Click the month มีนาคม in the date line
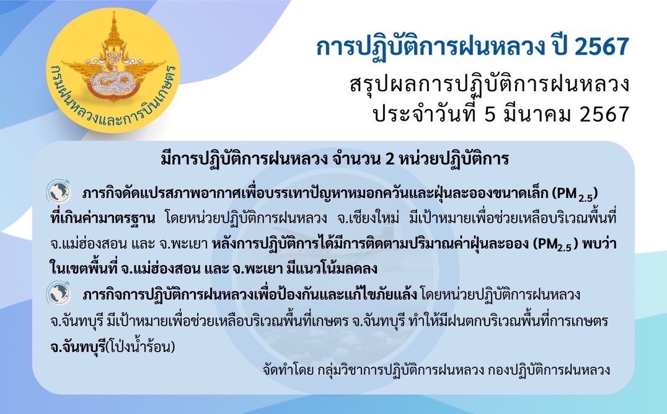(536, 114)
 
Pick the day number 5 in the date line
(490, 114)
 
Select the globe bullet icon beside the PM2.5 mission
(58, 191)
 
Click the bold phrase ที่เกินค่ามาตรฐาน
(102, 218)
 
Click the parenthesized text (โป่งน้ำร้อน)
(140, 346)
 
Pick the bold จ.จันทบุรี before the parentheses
(77, 347)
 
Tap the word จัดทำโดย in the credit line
(288, 370)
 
